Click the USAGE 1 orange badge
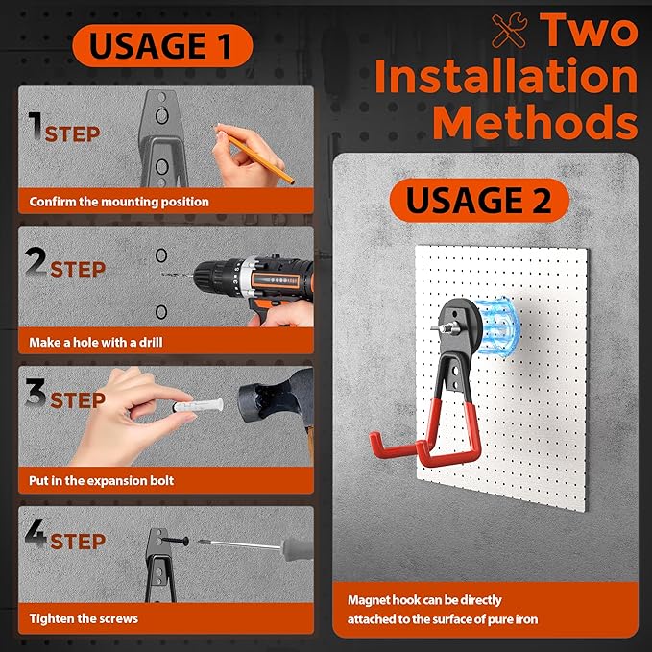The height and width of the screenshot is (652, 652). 162,45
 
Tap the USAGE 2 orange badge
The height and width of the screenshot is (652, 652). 479,200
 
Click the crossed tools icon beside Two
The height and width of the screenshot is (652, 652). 509,31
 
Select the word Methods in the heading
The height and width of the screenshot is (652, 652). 535,122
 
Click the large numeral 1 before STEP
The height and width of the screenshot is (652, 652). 36,126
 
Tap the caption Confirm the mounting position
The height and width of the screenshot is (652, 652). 119,202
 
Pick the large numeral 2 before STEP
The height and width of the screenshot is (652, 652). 36,261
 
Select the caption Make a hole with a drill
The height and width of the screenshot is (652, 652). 96,342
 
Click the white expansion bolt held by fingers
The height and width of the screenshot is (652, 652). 199,405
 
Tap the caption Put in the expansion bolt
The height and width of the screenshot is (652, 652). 101,481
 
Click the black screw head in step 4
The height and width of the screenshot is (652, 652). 184,541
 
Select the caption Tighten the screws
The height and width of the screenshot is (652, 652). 84,618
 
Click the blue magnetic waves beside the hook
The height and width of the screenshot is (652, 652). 497,326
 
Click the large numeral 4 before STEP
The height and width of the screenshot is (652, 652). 36,534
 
